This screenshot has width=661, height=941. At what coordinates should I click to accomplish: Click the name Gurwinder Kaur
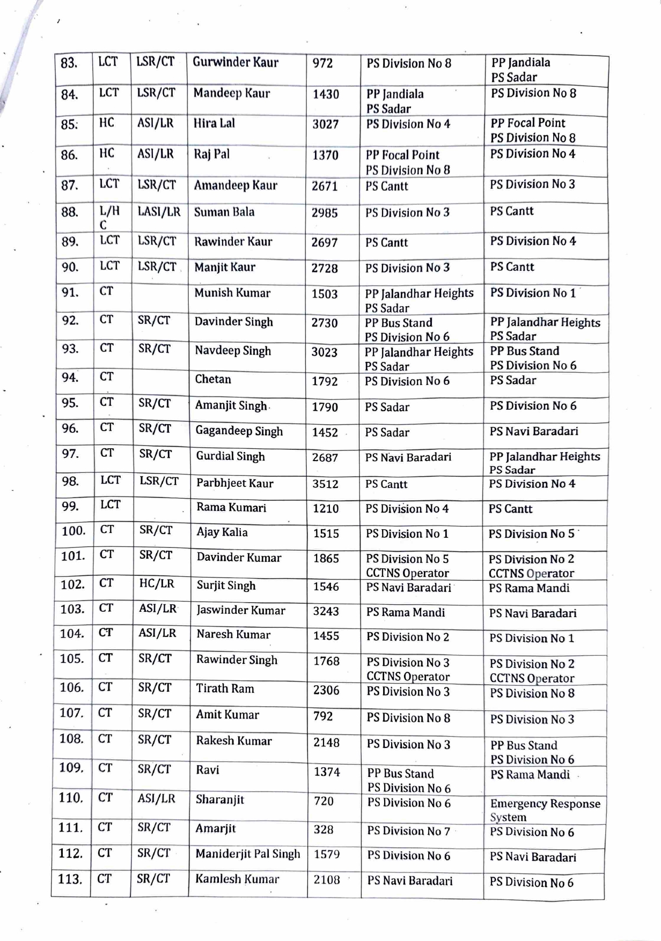[x=236, y=62]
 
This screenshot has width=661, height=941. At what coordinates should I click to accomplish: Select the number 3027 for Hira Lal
[x=325, y=124]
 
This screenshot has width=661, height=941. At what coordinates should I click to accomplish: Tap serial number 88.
[x=70, y=212]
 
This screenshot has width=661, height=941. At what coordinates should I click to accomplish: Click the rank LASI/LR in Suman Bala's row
[x=159, y=212]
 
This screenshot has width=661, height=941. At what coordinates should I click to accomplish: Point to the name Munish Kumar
[x=232, y=293]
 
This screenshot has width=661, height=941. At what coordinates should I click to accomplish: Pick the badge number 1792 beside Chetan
[x=325, y=382]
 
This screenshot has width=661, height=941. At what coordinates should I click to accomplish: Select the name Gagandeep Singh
[x=239, y=431]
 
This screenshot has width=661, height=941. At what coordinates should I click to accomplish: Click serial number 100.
[x=74, y=531]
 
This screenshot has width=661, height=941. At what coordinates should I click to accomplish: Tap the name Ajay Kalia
[x=222, y=532]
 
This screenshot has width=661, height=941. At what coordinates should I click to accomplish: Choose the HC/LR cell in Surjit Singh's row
[x=157, y=583]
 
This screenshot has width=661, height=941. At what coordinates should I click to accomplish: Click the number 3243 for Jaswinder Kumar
[x=326, y=611]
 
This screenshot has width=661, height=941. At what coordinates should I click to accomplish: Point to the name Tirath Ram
[x=225, y=688]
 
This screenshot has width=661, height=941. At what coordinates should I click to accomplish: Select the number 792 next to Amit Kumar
[x=323, y=716]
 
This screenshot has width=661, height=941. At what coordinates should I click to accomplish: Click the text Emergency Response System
[x=545, y=810]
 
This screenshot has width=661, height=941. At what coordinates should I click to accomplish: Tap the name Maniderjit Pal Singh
[x=247, y=854]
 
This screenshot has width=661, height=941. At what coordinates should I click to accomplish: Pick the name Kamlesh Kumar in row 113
[x=237, y=879]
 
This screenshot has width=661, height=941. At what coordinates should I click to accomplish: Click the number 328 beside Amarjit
[x=324, y=830]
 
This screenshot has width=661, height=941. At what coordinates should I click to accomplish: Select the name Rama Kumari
[x=231, y=508]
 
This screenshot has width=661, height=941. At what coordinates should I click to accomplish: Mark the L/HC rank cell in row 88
[x=109, y=218]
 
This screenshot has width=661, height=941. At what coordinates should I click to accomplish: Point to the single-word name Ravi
[x=208, y=770]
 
